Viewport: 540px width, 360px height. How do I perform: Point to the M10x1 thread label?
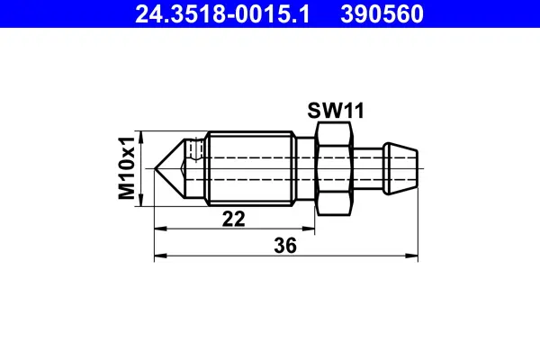coord(128,166)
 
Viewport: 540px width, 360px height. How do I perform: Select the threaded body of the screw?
coord(252,167)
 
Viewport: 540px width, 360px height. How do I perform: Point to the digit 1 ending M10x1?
coord(128,139)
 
